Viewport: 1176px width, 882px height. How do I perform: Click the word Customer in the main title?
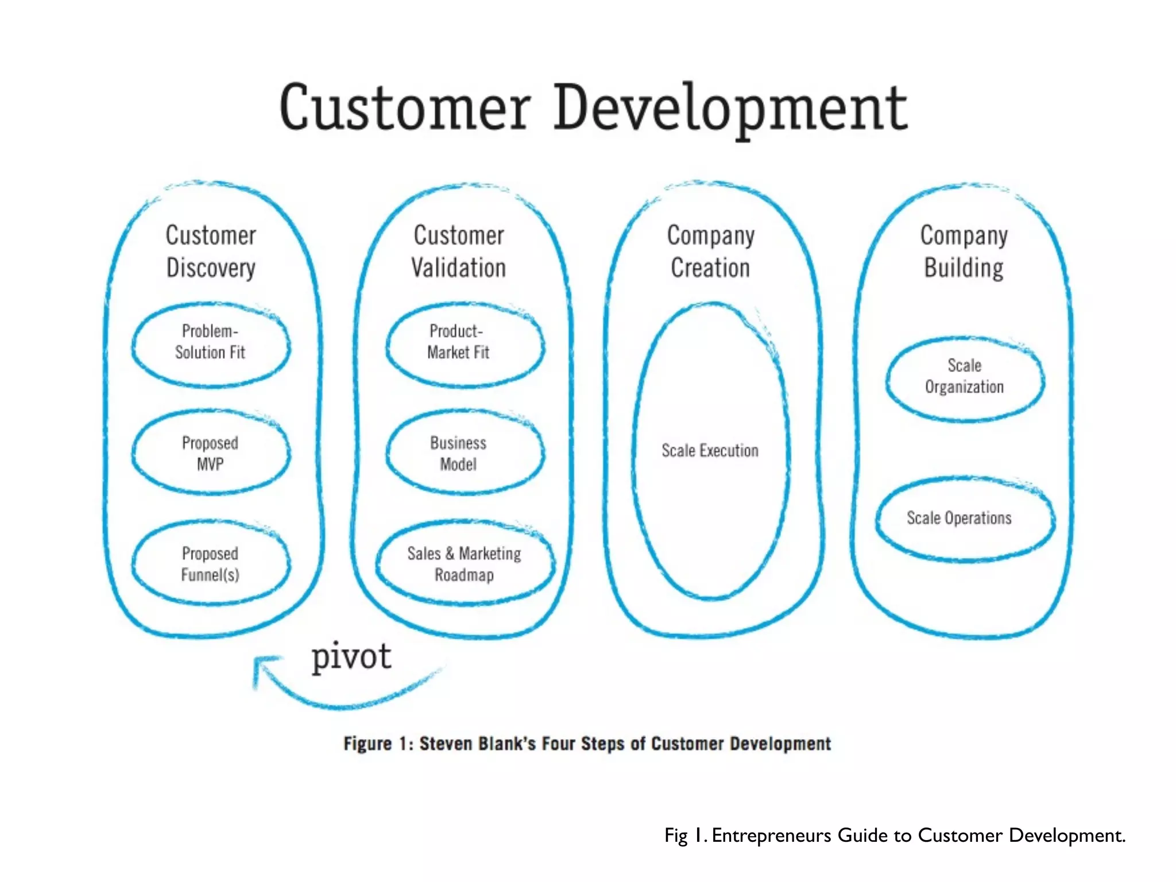coord(404,108)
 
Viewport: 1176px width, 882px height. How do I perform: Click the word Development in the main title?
coord(730,108)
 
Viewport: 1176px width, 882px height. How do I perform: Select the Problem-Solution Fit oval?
coord(211,343)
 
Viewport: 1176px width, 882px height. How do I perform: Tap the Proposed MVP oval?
coord(211,453)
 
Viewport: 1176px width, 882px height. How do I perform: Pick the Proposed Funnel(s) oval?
coord(211,563)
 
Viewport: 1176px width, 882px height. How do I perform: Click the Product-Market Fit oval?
coord(465,343)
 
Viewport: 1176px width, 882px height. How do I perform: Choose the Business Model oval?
coord(465,453)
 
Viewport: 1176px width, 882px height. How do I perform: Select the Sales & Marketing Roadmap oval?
coord(465,563)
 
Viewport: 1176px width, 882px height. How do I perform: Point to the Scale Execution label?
coord(710,451)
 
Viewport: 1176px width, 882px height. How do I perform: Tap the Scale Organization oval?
coord(965,377)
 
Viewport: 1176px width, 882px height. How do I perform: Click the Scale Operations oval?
coord(965,518)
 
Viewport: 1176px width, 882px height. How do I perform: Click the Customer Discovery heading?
coord(211,252)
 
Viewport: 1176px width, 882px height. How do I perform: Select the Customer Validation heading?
coord(459,252)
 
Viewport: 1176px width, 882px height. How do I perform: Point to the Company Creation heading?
coord(711,252)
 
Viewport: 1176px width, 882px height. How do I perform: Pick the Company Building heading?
coord(964,252)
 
